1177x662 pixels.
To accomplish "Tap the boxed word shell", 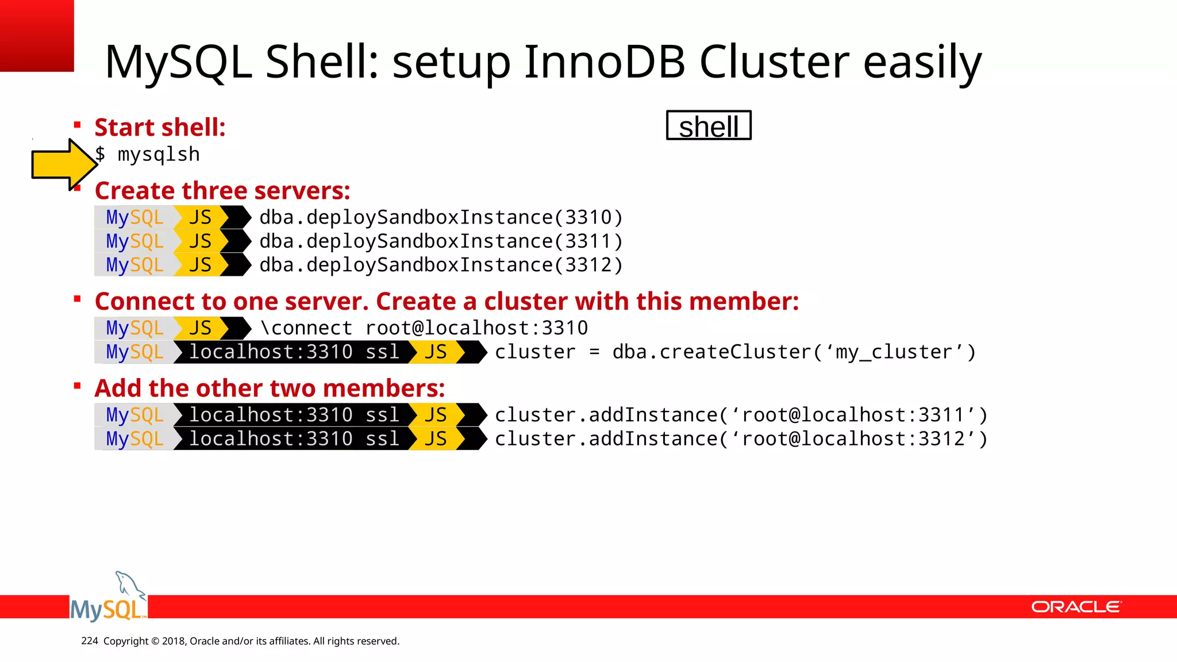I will tap(709, 126).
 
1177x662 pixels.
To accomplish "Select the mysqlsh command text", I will tap(159, 155).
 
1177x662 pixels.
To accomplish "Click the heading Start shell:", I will tap(160, 128).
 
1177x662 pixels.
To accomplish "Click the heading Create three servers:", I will tap(222, 191).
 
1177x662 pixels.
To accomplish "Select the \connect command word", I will tap(306, 328).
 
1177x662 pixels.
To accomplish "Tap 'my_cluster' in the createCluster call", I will tap(894, 352).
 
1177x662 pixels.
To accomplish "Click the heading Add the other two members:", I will tap(270, 388).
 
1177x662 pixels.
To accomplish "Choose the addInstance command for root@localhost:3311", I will tap(741, 415).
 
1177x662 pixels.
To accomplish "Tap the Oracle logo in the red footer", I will tap(1076, 607).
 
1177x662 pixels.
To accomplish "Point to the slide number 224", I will tap(90, 641).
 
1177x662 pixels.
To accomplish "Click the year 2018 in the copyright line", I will tap(173, 641).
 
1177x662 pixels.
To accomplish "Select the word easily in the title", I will tap(922, 62).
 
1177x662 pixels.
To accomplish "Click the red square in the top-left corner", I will tap(37, 35).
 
